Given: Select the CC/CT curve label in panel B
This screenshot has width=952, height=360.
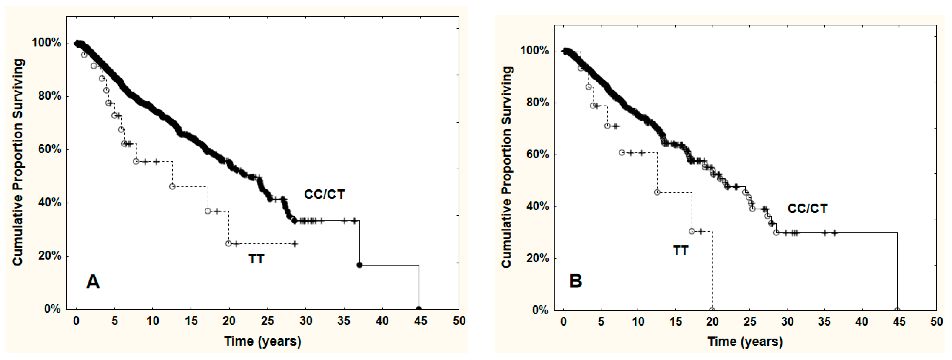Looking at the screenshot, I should pyautogui.click(x=807, y=209).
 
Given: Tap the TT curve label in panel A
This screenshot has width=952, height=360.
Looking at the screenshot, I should pyautogui.click(x=256, y=259).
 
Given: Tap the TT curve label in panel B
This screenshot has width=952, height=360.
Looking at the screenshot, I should pyautogui.click(x=680, y=251).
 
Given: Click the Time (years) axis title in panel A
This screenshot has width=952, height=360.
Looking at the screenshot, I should pyautogui.click(x=262, y=341).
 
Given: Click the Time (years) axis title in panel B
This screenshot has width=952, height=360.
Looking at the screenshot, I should pyautogui.click(x=745, y=341).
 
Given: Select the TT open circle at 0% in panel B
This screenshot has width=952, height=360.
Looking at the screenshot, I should pyautogui.click(x=712, y=310).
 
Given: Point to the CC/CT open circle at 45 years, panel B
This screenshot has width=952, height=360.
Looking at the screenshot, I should pyautogui.click(x=897, y=310).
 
